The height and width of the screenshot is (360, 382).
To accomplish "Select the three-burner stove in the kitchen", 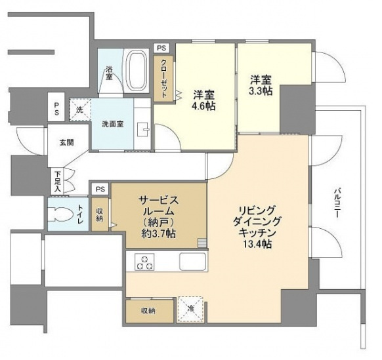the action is (144, 262).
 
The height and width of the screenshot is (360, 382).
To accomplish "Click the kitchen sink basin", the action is (193, 262).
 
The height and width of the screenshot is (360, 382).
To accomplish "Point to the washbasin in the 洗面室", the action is (143, 129).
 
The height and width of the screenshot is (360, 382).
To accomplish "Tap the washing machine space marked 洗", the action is (79, 110).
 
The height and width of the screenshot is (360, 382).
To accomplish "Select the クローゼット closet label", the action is (163, 79).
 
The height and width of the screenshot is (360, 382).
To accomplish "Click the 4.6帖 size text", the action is (204, 106).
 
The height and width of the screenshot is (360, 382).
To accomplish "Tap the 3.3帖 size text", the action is (261, 91).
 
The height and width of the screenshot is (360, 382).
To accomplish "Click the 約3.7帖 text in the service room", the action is (159, 234).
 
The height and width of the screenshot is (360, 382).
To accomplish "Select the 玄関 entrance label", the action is (67, 143).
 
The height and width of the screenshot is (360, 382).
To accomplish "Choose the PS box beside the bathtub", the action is (161, 48).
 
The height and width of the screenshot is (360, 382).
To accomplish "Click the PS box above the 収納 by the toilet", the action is (100, 189).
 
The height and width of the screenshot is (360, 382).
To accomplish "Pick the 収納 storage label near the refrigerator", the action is (148, 311).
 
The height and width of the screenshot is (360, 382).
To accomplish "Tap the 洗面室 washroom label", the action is (112, 124).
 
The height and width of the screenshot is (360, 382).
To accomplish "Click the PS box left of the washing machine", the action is (56, 109).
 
